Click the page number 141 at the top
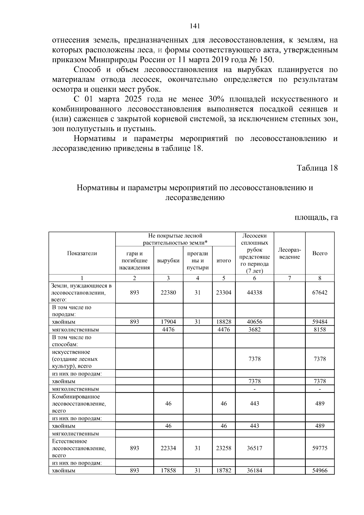pos(195,26)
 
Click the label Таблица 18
pos(317,168)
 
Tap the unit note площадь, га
pos(316,217)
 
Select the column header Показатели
pos(82,253)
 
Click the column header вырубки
pos(168,261)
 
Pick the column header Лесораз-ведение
pos(289,253)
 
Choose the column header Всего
pos(320,253)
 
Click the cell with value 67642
pos(320,293)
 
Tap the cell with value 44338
pos(254,293)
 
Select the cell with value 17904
pos(168,322)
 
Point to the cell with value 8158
pos(320,329)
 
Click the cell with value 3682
pos(254,329)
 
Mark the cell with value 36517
pos(254,448)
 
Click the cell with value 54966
pos(320,471)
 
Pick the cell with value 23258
pos(224,448)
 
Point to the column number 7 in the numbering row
pos(289,278)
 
